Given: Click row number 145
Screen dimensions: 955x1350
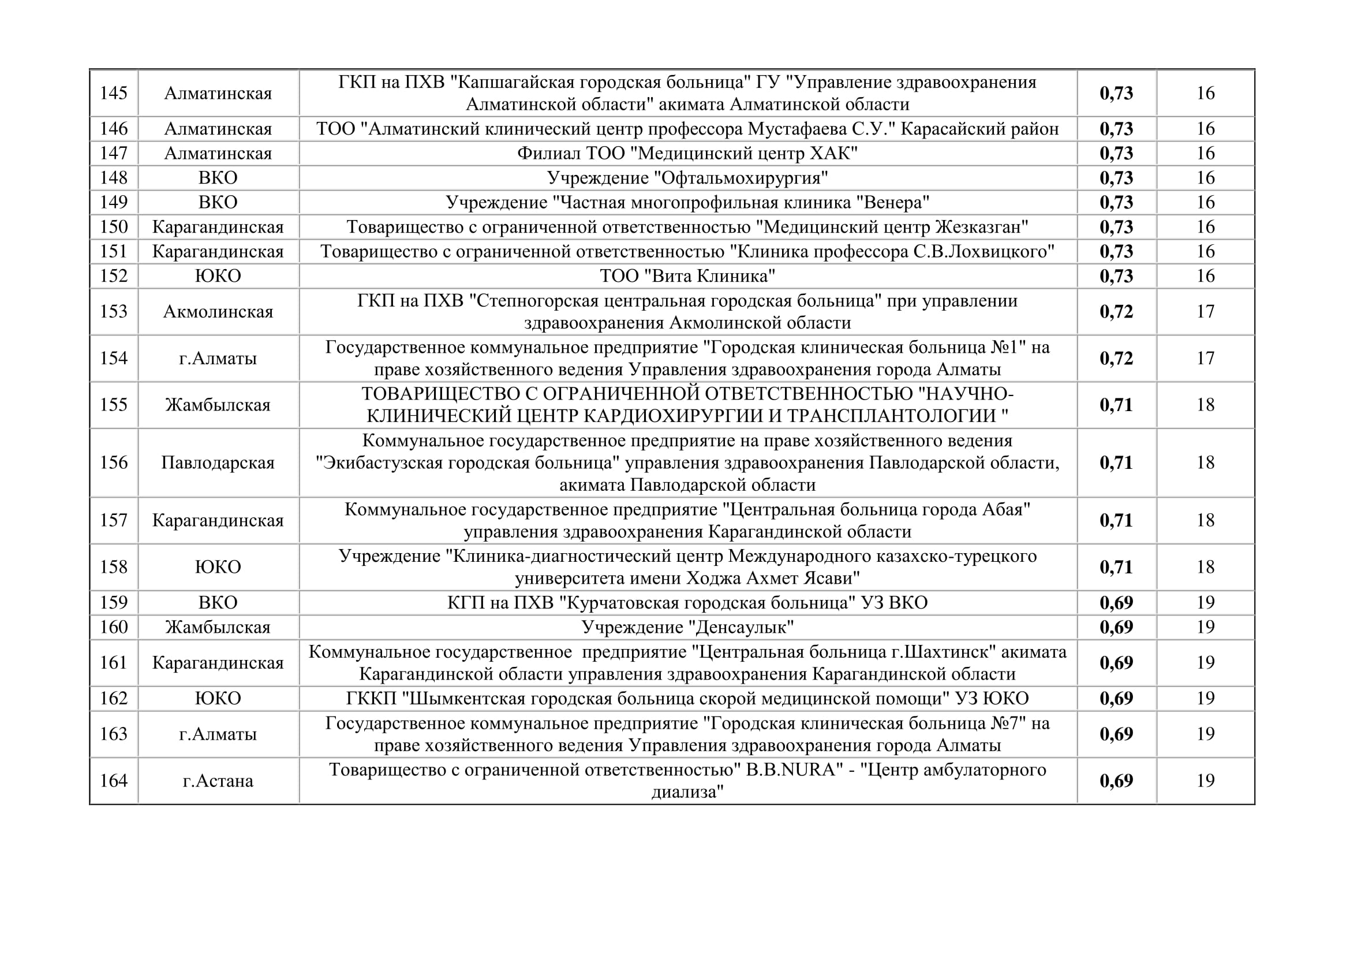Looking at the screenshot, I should (x=114, y=93).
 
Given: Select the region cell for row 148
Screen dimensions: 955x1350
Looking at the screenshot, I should (x=218, y=178).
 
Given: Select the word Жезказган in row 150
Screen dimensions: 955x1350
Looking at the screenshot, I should (x=979, y=227).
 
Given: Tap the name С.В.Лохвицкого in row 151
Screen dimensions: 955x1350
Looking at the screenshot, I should (x=982, y=252).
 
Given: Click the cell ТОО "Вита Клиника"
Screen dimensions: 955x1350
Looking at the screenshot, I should (x=687, y=276).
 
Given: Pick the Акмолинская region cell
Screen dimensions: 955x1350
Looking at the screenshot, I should (x=218, y=311).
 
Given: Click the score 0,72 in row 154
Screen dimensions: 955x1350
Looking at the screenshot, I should (x=1116, y=358).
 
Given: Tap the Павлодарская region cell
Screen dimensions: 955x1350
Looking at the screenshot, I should (x=218, y=463).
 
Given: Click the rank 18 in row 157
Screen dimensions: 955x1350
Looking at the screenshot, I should (x=1205, y=520).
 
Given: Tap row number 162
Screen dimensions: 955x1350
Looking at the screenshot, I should (x=114, y=698).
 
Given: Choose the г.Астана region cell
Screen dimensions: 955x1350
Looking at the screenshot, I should (x=218, y=781).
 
